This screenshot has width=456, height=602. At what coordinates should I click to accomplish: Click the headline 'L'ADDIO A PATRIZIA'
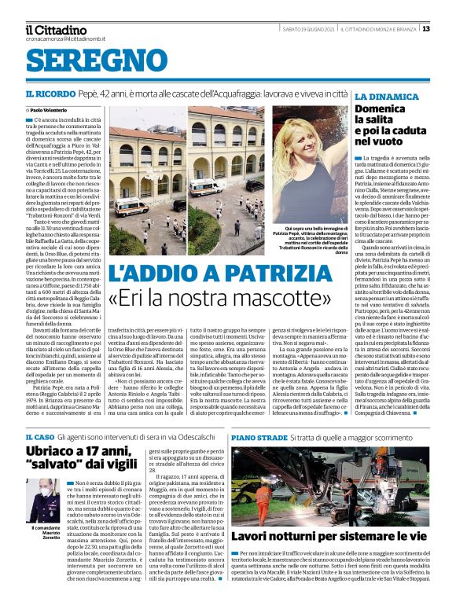coord(221,273)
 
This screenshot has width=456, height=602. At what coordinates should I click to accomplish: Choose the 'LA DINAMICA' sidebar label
coord(383,97)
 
